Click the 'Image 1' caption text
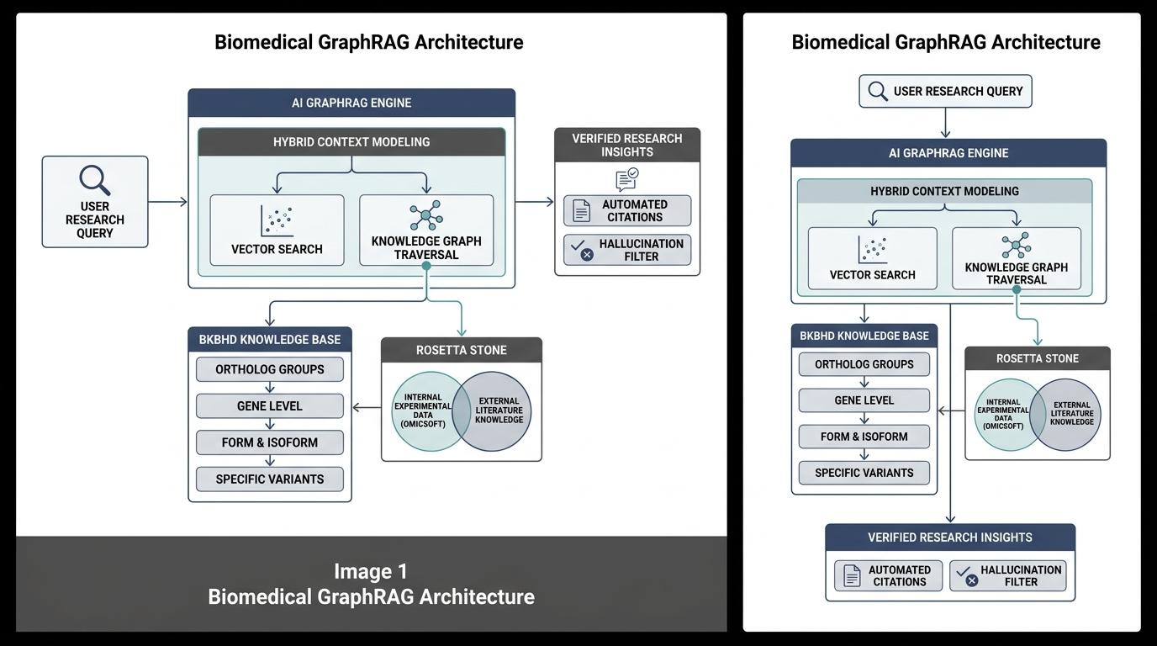(370, 571)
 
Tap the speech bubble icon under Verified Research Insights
(627, 179)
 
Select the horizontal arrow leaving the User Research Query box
(168, 202)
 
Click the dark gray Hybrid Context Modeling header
(351, 142)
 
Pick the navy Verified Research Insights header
(950, 537)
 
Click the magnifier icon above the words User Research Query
(94, 180)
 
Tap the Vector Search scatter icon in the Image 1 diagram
(277, 220)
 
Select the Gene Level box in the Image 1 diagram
(270, 405)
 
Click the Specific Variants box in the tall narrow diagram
(864, 473)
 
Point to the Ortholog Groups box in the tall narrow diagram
(864, 364)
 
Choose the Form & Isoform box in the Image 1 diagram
(270, 442)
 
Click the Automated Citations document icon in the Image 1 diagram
(581, 211)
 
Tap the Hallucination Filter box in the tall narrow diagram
(1007, 575)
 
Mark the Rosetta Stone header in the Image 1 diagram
(462, 350)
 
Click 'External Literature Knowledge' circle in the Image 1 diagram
(492, 410)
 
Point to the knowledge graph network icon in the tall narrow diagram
(1016, 246)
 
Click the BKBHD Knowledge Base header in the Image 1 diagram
(270, 340)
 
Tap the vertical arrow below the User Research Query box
(945, 123)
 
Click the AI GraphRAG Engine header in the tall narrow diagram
(948, 153)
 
